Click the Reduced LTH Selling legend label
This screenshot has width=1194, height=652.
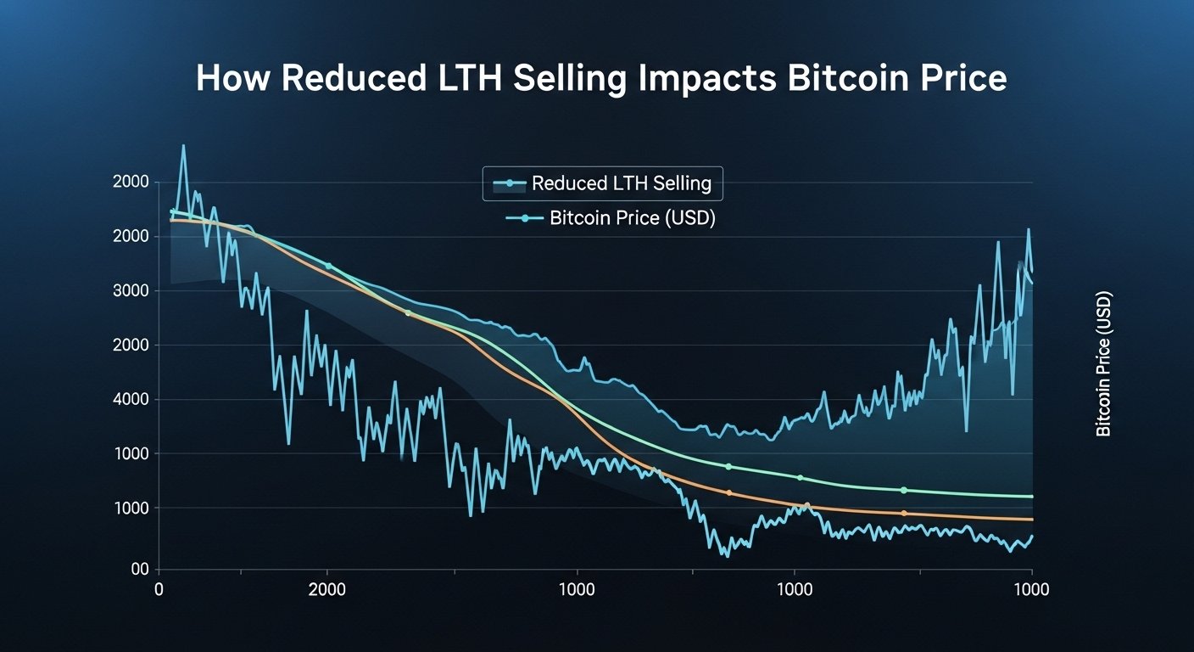pyautogui.click(x=621, y=183)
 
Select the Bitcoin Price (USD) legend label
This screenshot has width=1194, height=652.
pyautogui.click(x=632, y=218)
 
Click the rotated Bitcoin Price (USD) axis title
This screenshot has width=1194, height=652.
pyautogui.click(x=1103, y=364)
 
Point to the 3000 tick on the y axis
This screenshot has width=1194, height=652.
pyautogui.click(x=131, y=291)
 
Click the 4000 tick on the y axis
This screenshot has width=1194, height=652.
pyautogui.click(x=131, y=400)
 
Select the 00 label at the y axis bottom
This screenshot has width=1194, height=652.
pyautogui.click(x=140, y=570)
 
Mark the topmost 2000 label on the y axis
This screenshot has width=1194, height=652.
pyautogui.click(x=131, y=183)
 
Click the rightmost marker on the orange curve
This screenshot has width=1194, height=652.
pyautogui.click(x=904, y=514)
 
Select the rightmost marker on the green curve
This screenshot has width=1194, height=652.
pyautogui.click(x=904, y=490)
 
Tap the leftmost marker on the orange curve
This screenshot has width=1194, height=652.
pyautogui.click(x=408, y=313)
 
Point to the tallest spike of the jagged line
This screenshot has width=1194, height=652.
pyautogui.click(x=183, y=146)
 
